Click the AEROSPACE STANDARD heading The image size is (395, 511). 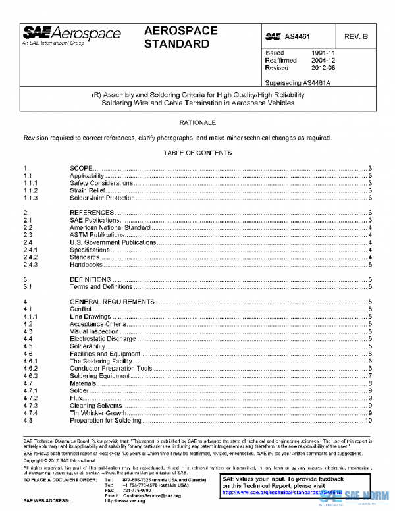(x=177, y=38)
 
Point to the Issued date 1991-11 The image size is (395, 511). (x=323, y=52)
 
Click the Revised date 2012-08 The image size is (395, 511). (x=323, y=68)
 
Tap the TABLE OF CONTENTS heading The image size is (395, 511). (x=197, y=153)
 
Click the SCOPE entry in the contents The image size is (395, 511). (x=81, y=169)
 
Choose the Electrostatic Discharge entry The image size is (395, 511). (x=102, y=338)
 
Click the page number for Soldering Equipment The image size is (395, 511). (x=371, y=375)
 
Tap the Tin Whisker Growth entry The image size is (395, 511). (x=97, y=412)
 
